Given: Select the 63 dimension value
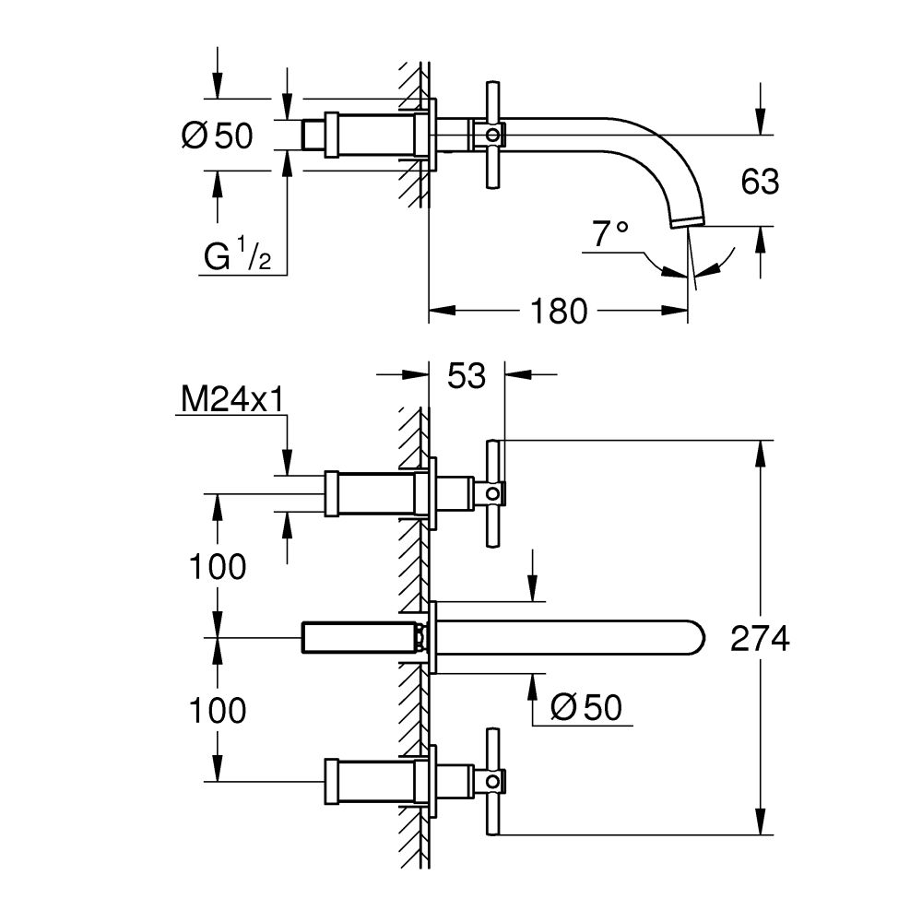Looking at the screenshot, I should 760,182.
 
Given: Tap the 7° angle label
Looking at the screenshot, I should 609,235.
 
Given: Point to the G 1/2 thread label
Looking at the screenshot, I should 236,257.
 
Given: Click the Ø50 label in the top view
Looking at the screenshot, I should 218,136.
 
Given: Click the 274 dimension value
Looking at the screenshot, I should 759,638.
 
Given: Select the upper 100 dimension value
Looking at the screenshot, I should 218,567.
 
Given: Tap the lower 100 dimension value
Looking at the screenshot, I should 218,710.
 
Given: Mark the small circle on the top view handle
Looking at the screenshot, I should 493,136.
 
